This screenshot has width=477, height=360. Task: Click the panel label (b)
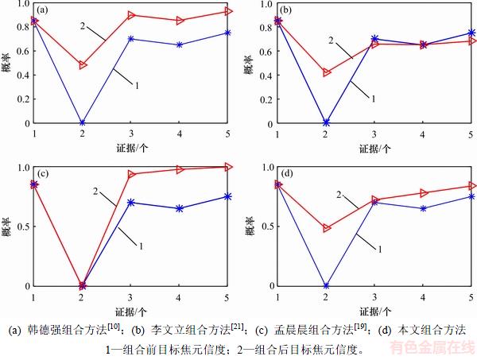click(x=286, y=11)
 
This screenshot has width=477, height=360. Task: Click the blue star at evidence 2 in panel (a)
click(x=83, y=123)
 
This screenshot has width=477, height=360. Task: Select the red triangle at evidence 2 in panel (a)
click(x=83, y=65)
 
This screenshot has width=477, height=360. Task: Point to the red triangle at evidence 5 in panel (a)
click(x=228, y=11)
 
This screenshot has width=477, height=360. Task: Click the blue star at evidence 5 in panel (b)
click(x=471, y=33)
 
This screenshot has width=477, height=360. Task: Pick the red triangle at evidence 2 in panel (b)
click(x=326, y=72)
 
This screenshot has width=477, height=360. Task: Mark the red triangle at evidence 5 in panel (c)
click(x=228, y=167)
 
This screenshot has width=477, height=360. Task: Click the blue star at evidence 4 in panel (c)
click(x=180, y=208)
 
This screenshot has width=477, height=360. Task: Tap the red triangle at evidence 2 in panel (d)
click(x=326, y=228)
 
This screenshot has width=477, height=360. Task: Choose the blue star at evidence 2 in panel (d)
click(x=326, y=285)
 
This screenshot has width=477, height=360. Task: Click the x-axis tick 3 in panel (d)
click(x=374, y=297)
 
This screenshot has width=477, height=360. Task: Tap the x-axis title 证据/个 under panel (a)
click(x=130, y=148)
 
